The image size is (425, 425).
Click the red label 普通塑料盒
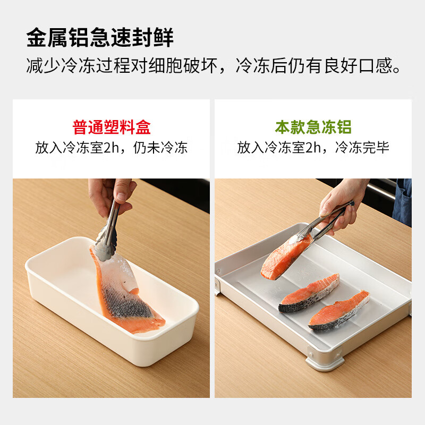[112, 127]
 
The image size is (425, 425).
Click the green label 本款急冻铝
[313, 127]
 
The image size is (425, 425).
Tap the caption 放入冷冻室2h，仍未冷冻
[112, 148]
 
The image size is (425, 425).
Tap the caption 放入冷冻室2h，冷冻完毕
[313, 148]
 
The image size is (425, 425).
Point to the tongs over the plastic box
[109, 228]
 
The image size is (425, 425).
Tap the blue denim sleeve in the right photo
[403, 202]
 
